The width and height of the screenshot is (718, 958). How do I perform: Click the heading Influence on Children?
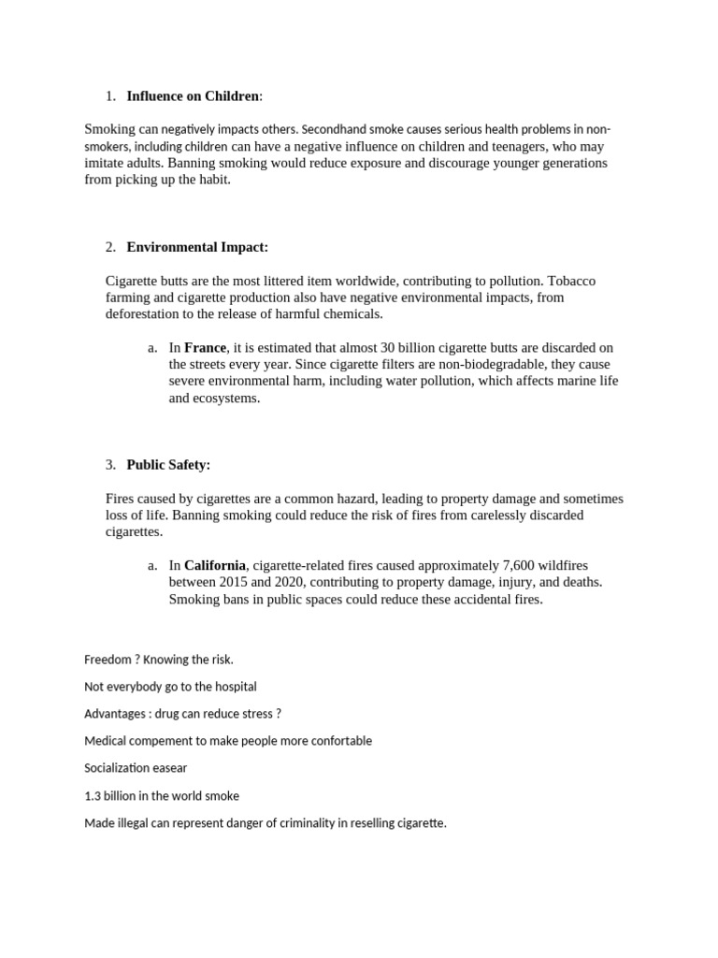194,95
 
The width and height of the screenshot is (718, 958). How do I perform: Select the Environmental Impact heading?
196,247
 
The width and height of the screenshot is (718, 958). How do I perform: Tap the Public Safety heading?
168,465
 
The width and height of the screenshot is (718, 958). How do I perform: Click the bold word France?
205,347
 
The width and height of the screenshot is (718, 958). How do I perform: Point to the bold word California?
215,565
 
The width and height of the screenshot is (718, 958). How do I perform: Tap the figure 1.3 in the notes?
93,795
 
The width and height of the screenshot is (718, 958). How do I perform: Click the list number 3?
110,465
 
